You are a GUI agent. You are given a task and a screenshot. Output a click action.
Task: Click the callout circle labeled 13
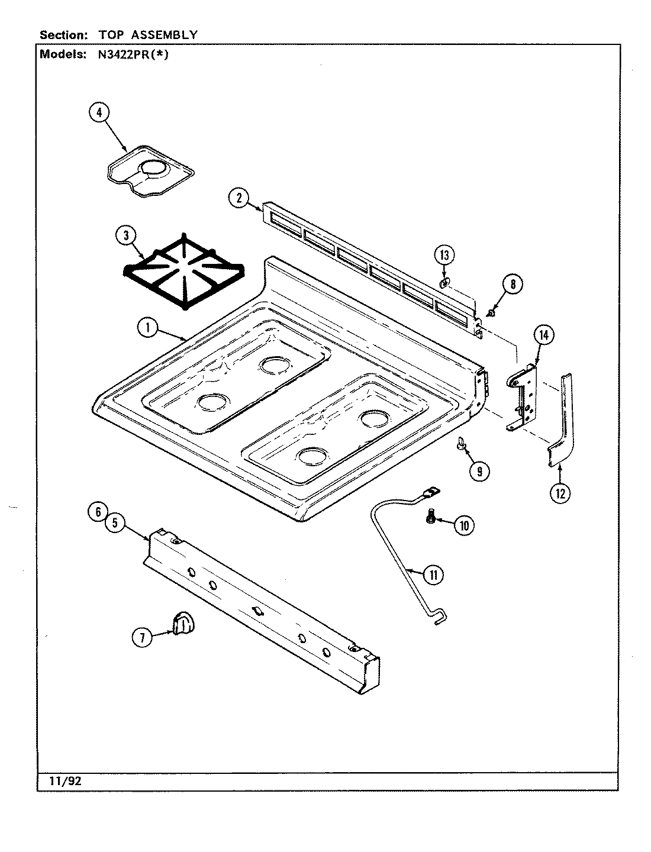(x=444, y=256)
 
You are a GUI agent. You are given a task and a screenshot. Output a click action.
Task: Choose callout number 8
(x=513, y=285)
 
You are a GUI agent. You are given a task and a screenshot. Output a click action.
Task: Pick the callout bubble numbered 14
(x=544, y=335)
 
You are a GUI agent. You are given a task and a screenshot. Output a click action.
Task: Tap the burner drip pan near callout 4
(x=148, y=170)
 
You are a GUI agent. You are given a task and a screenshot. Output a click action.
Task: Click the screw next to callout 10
(x=430, y=518)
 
